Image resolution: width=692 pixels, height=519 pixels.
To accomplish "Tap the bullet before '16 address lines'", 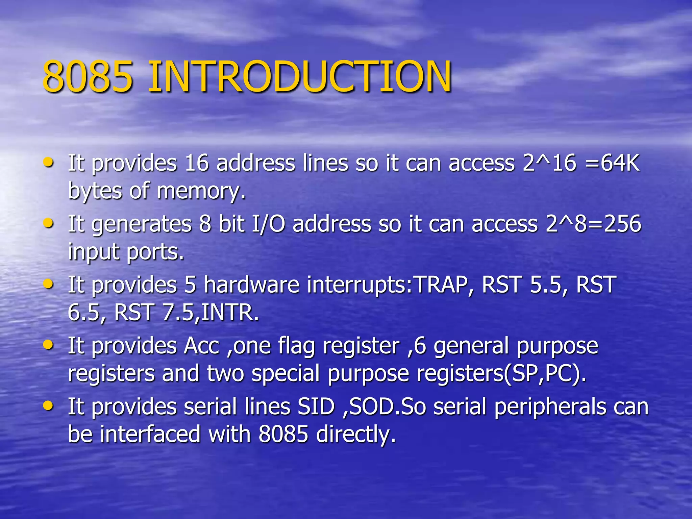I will click(x=49, y=162).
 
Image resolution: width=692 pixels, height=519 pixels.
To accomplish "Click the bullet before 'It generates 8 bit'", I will click(x=49, y=223).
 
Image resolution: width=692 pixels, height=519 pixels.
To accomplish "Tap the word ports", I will click(x=155, y=252).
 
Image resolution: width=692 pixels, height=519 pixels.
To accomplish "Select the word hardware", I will click(x=251, y=285).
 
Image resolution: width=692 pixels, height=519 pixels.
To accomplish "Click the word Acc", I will click(x=201, y=346).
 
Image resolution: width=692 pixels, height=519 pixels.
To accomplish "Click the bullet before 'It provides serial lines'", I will click(x=49, y=405).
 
